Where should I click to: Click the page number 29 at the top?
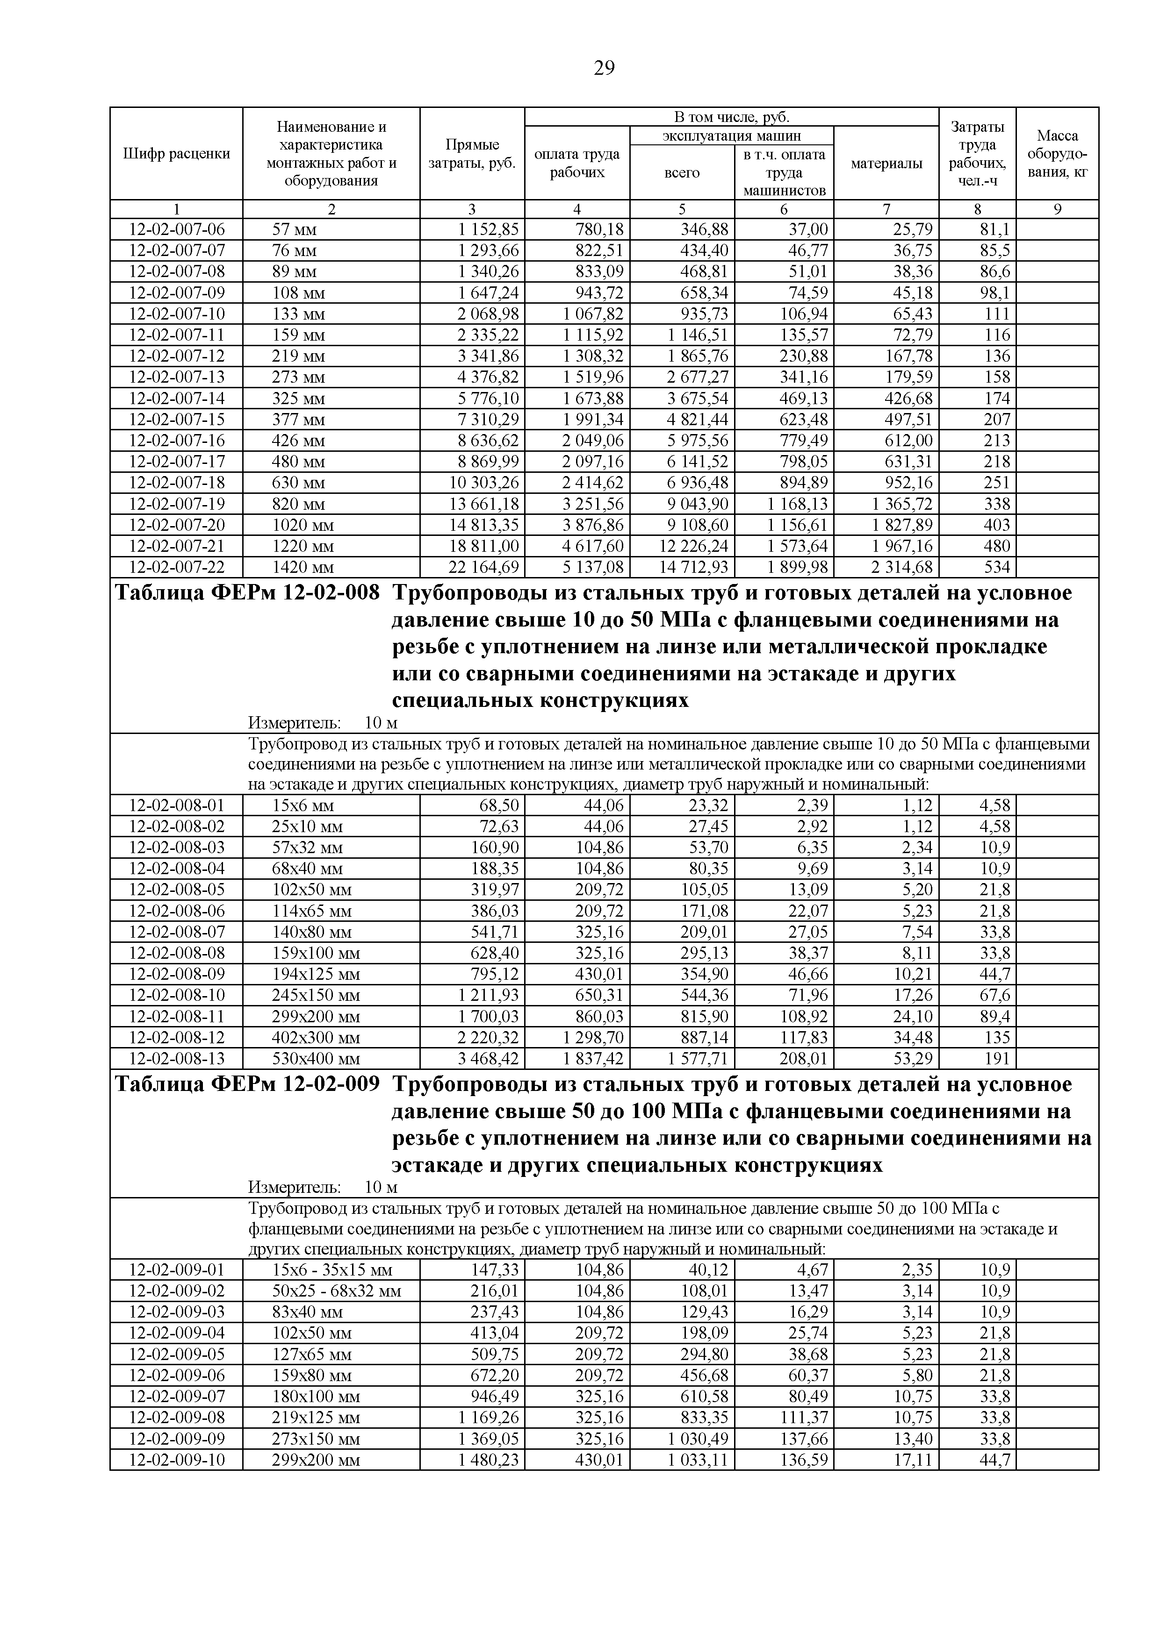point(604,69)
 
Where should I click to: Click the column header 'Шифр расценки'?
point(176,153)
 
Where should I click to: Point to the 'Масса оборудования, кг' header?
point(1057,153)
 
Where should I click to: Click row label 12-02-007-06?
point(176,229)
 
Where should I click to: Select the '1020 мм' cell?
point(303,526)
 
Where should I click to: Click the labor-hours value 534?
point(997,568)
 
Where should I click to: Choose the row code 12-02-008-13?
point(176,1059)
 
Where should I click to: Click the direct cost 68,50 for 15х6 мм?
point(498,806)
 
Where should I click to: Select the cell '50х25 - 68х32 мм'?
point(337,1290)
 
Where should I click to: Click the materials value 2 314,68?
point(901,568)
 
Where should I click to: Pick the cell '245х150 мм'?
point(316,995)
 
